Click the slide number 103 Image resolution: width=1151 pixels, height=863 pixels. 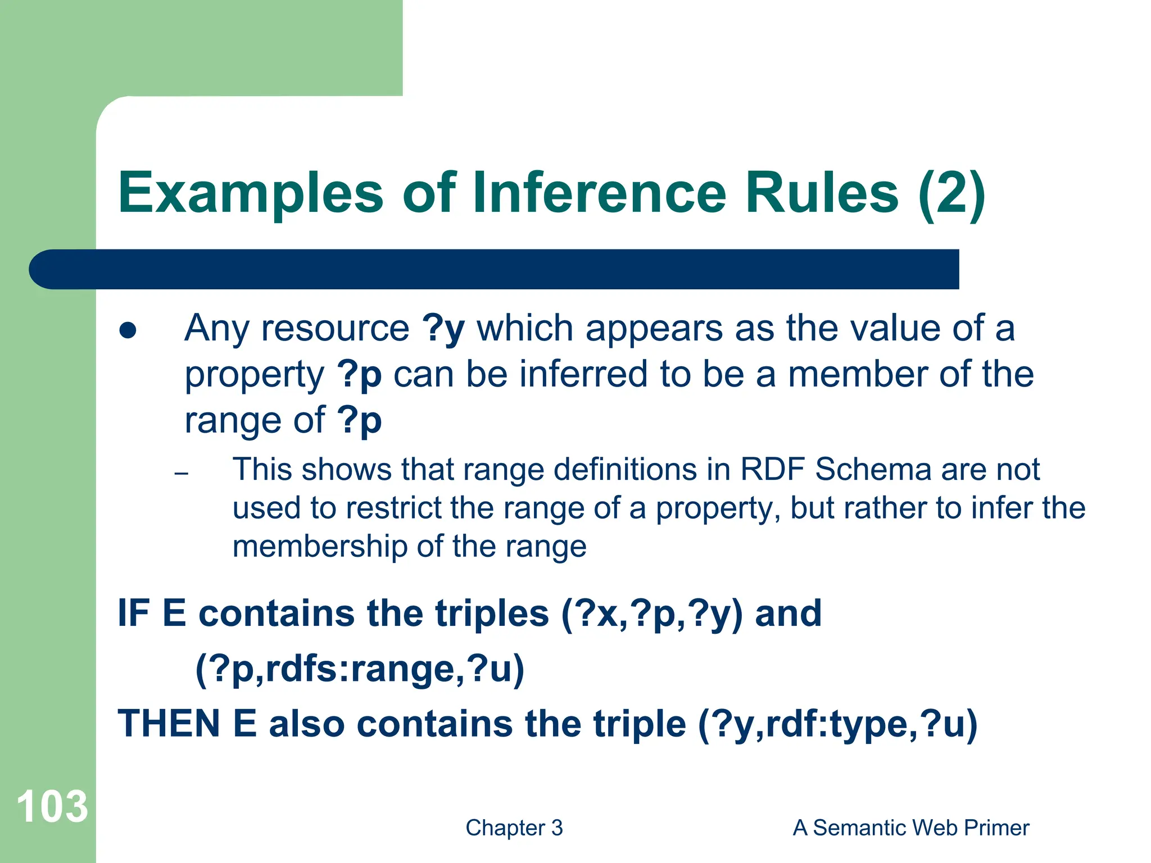click(52, 807)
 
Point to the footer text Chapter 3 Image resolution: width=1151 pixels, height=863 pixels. click(514, 828)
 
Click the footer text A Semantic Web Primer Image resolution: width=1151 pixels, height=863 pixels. click(910, 828)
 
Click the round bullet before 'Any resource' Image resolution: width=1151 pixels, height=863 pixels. click(128, 330)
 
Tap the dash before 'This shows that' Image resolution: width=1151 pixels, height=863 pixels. click(181, 474)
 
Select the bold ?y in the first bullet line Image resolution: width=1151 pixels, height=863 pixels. click(443, 329)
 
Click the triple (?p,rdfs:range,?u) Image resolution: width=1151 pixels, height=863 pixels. click(360, 669)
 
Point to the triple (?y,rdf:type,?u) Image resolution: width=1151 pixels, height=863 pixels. click(837, 724)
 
